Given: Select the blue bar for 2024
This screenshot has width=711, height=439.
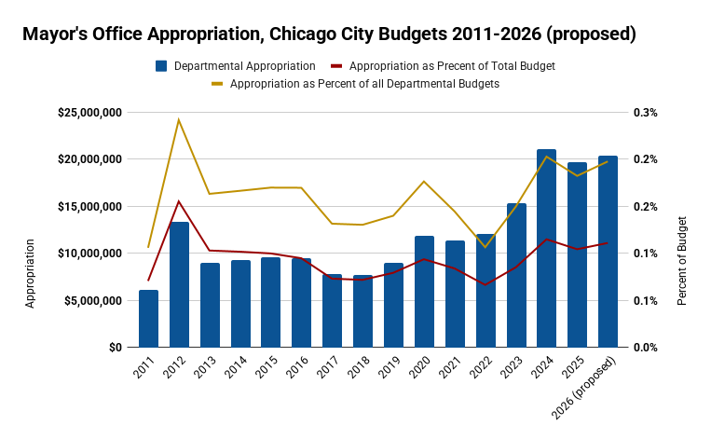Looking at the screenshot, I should coord(546,248).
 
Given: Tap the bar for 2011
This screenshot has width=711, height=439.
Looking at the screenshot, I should coord(148,318).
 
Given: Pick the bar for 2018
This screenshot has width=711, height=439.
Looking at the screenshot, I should coord(362,310).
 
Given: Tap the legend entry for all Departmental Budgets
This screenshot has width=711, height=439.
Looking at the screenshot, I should coord(364,83).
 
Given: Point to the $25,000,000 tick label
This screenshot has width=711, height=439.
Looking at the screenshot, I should coord(90,113).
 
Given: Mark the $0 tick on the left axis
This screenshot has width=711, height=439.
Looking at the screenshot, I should coord(113,348).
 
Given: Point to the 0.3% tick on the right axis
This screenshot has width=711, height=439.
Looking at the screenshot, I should coord(647,113).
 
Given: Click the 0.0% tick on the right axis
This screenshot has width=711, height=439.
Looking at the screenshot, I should coord(647,348).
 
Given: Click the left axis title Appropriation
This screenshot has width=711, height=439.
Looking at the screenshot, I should coord(30,273).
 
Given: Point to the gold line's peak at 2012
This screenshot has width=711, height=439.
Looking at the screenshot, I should coord(179,119).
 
